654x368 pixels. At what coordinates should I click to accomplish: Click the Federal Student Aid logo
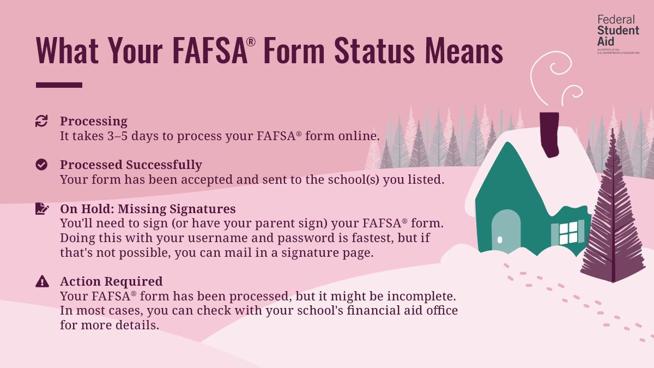[x=618, y=34]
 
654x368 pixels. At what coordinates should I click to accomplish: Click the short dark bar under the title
[x=59, y=85]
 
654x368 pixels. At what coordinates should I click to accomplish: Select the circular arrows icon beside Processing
[x=41, y=121]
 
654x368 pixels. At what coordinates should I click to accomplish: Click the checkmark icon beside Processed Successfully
[x=41, y=165]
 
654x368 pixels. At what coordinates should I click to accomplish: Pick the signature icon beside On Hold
[x=41, y=209]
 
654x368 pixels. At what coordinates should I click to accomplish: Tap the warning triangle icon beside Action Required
[x=41, y=281]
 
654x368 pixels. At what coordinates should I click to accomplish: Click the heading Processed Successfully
[x=131, y=165]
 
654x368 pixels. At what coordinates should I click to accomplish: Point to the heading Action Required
[x=111, y=281]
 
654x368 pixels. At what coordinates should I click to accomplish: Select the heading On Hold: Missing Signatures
[x=148, y=209]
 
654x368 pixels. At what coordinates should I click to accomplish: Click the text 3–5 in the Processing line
[x=121, y=136]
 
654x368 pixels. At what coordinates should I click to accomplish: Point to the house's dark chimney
[x=549, y=134]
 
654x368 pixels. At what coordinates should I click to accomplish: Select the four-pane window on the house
[x=568, y=233]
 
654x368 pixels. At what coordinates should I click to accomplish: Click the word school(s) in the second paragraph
[x=353, y=179]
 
